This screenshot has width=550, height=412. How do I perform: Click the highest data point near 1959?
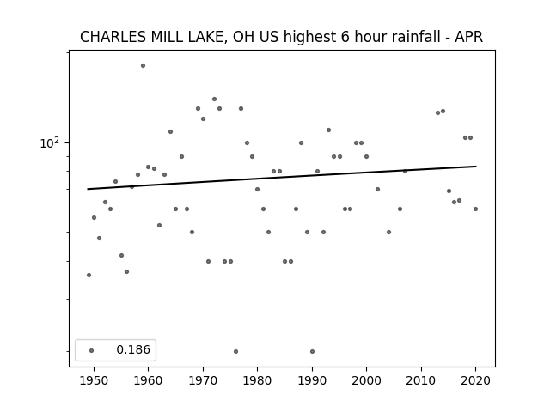pos(144,65)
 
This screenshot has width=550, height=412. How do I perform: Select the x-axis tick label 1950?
pos(94,380)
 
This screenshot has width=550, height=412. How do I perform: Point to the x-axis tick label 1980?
pos(257,380)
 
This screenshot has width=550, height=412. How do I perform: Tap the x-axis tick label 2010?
pos(421,380)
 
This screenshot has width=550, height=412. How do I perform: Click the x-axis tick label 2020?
pos(475,380)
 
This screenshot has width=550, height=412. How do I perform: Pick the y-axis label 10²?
pos(50,143)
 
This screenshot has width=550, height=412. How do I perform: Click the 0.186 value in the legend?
pos(133,349)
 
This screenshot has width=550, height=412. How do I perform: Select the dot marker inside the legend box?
pos(92,350)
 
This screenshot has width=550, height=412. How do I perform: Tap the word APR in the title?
pos(468,37)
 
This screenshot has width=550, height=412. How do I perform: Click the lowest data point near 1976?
pos(235,351)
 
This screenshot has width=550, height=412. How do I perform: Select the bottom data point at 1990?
pos(312,351)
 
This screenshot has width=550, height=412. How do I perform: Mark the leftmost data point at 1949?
pos(89,275)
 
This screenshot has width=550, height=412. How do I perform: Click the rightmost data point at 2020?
pos(475,209)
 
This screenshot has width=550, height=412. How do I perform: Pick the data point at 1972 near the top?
pos(214,100)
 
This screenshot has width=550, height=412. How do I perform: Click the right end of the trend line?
pos(476,166)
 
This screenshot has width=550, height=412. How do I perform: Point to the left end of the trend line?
pos(88,189)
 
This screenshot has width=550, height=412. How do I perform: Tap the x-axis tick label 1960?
pos(148,380)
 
